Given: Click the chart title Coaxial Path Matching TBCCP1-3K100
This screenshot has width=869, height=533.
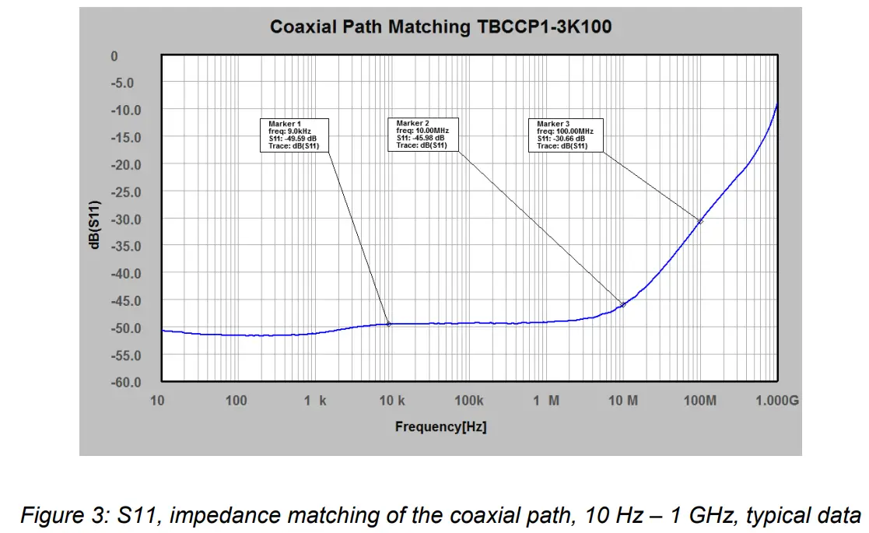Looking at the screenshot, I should tap(440, 27).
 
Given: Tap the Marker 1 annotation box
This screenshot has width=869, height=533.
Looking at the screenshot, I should tap(294, 135).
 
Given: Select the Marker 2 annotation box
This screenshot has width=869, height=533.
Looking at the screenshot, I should tap(422, 135).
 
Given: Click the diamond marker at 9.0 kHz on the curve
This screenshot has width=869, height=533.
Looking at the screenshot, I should tap(388, 324).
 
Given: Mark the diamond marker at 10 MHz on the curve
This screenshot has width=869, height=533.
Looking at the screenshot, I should tap(622, 304).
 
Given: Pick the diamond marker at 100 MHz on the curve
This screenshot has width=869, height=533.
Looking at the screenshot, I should tap(700, 222).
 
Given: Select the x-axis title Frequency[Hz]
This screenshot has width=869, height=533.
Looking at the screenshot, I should tap(440, 426).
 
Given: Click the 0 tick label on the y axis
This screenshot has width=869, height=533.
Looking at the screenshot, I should tap(114, 56).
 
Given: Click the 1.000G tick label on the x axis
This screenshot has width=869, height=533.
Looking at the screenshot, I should tap(777, 401).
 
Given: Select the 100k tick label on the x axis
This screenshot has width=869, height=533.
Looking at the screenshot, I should tap(468, 401).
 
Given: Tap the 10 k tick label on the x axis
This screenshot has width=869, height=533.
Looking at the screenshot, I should tap(391, 401).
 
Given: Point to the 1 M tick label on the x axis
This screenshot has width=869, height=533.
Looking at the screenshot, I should tap(546, 401).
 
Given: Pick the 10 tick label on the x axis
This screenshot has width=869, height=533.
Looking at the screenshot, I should tap(158, 401).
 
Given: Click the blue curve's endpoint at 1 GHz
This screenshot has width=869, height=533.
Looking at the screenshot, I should tap(777, 104).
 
